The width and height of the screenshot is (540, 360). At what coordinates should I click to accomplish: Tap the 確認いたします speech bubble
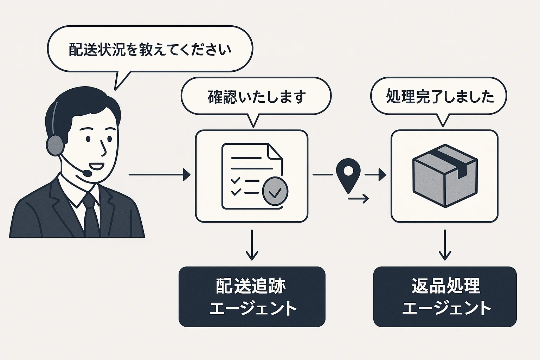[x=256, y=96]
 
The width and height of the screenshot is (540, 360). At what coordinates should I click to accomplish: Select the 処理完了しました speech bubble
[x=439, y=96]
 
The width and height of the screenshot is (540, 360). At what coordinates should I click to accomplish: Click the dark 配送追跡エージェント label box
[x=252, y=297]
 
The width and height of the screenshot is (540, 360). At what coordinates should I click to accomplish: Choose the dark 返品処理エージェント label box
[x=445, y=297]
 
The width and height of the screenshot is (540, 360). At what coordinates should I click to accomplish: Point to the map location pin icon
[x=348, y=173]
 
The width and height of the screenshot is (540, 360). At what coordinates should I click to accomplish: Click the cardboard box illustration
[x=444, y=175]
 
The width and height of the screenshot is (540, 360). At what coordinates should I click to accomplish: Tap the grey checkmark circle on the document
[x=275, y=192]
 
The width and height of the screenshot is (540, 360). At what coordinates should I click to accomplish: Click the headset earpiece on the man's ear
[x=54, y=145]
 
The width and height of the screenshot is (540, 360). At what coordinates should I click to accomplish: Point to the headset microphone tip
[x=86, y=173]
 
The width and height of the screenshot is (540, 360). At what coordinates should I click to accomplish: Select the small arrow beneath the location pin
[x=359, y=199]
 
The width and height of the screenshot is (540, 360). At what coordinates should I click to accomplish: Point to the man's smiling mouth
[x=95, y=165]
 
